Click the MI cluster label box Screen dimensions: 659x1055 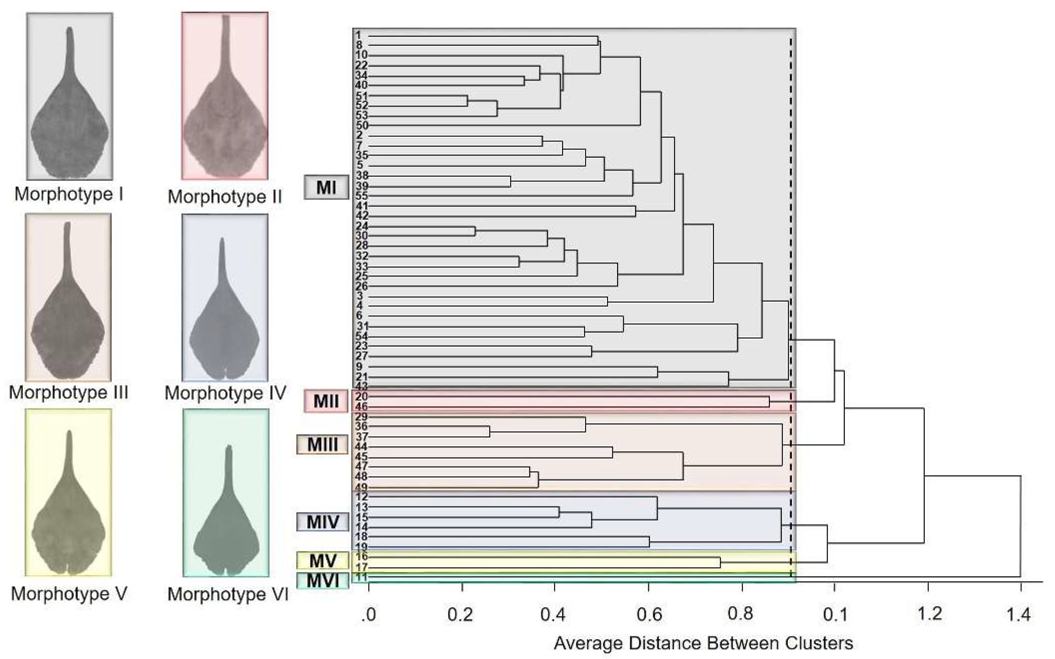[326, 187]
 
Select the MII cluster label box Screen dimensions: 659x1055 [326, 401]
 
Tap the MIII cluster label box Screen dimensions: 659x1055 [322, 445]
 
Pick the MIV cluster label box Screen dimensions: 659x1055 [322, 522]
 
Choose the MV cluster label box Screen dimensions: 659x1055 [322, 561]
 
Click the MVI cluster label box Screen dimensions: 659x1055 [322, 581]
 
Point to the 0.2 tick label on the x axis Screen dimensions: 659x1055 [460, 615]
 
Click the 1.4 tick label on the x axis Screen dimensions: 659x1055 [1018, 615]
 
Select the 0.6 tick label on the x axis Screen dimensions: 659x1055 [649, 615]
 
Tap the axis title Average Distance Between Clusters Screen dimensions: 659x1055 [703, 643]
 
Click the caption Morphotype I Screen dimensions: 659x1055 [69, 194]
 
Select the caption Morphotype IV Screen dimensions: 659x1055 [225, 393]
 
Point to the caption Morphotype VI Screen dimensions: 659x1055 [228, 594]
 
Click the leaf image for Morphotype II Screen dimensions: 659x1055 [225, 96]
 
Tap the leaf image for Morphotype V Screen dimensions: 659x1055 [68, 493]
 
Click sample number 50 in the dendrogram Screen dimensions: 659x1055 [361, 126]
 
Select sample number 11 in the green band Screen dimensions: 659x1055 [361, 577]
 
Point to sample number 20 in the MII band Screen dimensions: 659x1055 [361, 397]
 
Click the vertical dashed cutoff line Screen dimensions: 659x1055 [791, 218]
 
